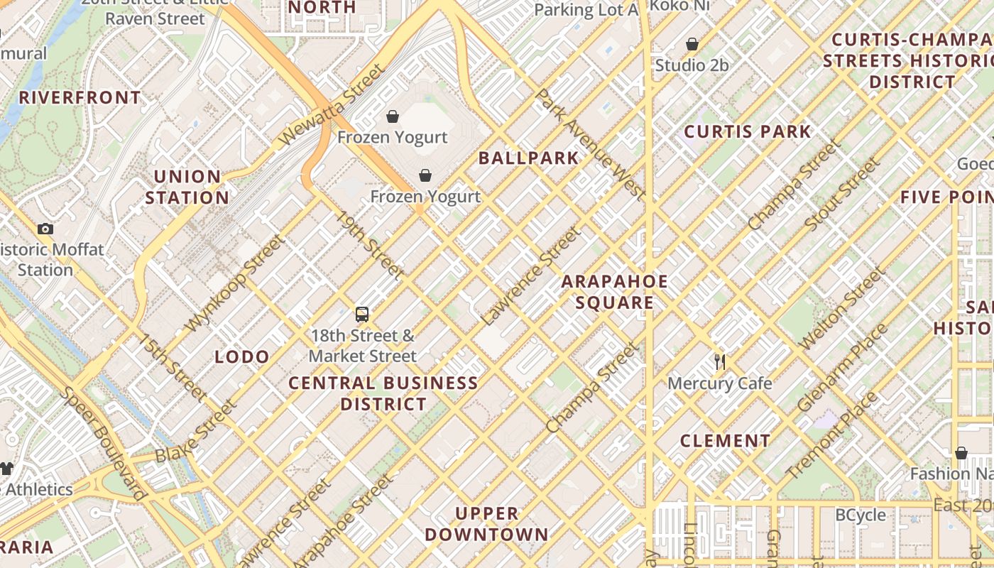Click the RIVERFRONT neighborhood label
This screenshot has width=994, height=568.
coord(80,98)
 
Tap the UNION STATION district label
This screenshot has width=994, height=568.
coord(187,187)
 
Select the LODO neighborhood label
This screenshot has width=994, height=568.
coord(242,356)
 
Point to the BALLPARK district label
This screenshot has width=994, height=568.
coord(528,158)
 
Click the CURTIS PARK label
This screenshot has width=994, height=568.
coord(747,131)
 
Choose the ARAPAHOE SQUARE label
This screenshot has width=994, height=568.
coord(614,292)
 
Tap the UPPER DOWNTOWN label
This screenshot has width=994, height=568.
coord(487,523)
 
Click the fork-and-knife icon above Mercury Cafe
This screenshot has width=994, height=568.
coord(720,361)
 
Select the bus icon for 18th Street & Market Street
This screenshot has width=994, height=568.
coord(362,314)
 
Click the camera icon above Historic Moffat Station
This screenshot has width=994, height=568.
coord(45,229)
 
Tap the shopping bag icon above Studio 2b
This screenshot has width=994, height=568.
coord(692,44)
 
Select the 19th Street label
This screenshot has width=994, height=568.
coord(370,245)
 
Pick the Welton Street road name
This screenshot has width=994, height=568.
coord(843,307)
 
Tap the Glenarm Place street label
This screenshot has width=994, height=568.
coord(843,367)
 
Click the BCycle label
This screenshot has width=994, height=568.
coord(861,515)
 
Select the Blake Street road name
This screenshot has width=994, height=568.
coord(195,430)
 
